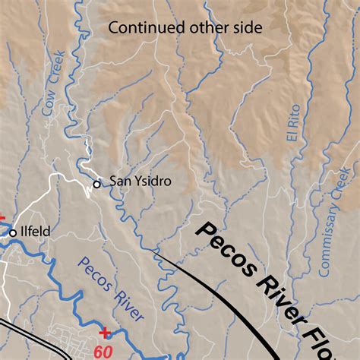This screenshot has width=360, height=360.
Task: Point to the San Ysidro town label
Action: click(141, 181)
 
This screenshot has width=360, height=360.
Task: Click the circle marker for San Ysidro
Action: click(96, 184)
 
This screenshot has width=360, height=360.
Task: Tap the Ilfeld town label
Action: click(35, 232)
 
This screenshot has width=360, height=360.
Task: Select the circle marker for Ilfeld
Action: click(13, 232)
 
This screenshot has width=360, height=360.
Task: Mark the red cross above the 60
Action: click(104, 332)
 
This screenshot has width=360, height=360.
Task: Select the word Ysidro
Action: click(154, 181)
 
